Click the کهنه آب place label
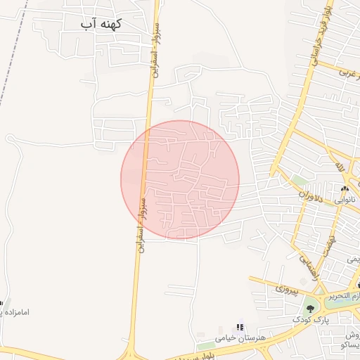[x=101, y=24]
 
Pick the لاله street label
[x=341, y=167]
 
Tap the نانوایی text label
[x=345, y=200]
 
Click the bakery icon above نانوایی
[x=345, y=189]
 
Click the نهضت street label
[x=328, y=243]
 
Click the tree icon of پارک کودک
[x=309, y=307]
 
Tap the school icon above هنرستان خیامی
[x=240, y=328]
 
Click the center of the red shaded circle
[x=180, y=180]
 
